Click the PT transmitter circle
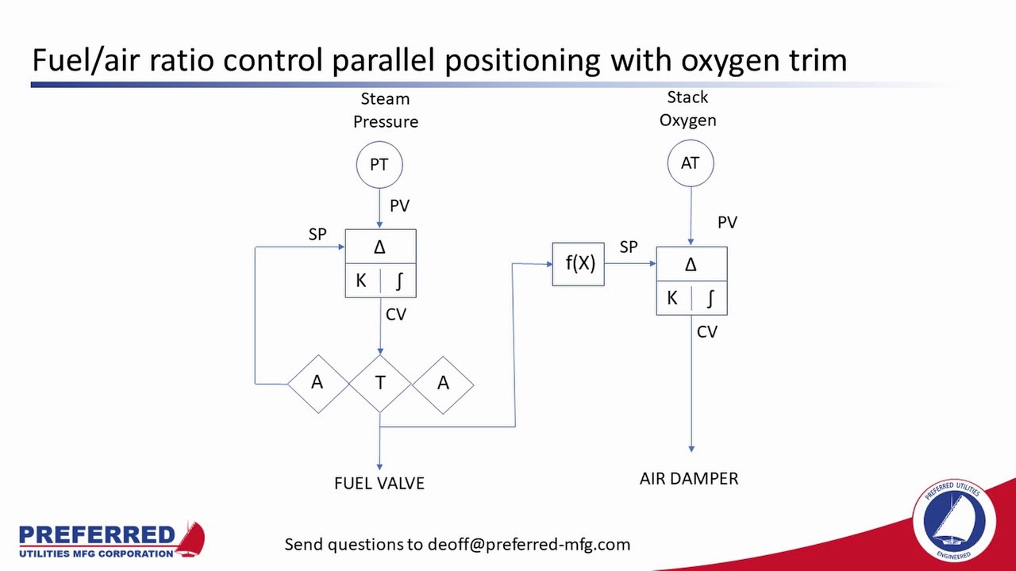(x=379, y=164)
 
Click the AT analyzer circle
(x=690, y=163)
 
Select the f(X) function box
(x=579, y=263)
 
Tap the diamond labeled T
(x=380, y=383)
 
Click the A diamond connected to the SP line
(x=317, y=383)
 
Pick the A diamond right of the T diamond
(x=443, y=383)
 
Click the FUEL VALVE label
(x=379, y=483)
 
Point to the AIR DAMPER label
(x=689, y=478)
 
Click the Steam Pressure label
(x=386, y=110)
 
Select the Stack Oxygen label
(x=687, y=109)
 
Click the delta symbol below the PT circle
(x=380, y=247)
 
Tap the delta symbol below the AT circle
(x=691, y=265)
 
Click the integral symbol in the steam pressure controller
(x=398, y=281)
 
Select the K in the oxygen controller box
(x=672, y=298)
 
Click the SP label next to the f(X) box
(x=628, y=247)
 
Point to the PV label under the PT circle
(x=399, y=205)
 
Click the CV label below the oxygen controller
(x=706, y=331)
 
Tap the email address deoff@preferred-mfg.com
(x=529, y=544)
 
